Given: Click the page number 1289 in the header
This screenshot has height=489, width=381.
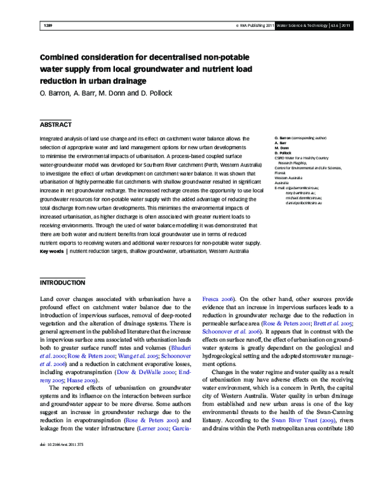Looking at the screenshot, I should tap(46, 26).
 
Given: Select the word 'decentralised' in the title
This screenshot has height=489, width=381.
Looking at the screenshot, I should tap(178, 56).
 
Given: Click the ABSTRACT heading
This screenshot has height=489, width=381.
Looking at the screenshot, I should tap(57, 124).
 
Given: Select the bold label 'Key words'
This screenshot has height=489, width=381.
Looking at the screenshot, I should tap(52, 251).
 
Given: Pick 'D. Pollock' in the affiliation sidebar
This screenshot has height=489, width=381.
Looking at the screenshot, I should tap(281, 153).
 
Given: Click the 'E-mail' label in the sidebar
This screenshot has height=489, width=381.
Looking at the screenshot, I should tap(281, 188).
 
